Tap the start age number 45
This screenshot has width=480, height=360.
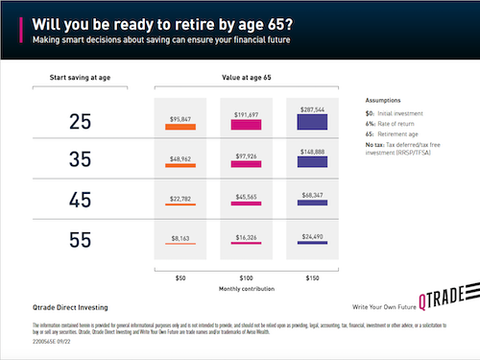(83, 202)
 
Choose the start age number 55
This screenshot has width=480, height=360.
(83, 241)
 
